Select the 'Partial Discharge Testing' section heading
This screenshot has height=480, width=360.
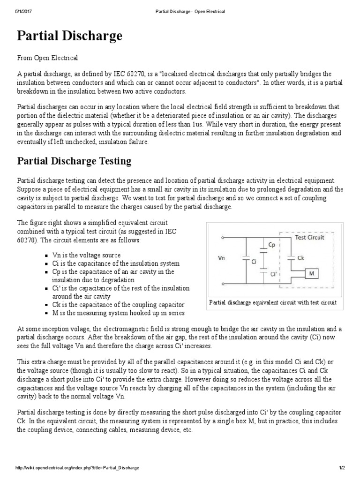pyautogui.click(x=74, y=161)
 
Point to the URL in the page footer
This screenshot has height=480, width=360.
pyautogui.click(x=77, y=468)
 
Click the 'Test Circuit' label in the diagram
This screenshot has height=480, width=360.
pyautogui.click(x=309, y=238)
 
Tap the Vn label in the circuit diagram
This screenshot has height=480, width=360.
pyautogui.click(x=223, y=258)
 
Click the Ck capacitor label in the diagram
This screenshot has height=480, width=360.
pyautogui.click(x=300, y=258)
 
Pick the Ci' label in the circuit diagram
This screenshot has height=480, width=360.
pyautogui.click(x=274, y=275)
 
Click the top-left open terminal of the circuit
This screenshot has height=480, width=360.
pyautogui.click(x=222, y=238)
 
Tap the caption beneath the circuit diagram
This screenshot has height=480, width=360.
pyautogui.click(x=273, y=303)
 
